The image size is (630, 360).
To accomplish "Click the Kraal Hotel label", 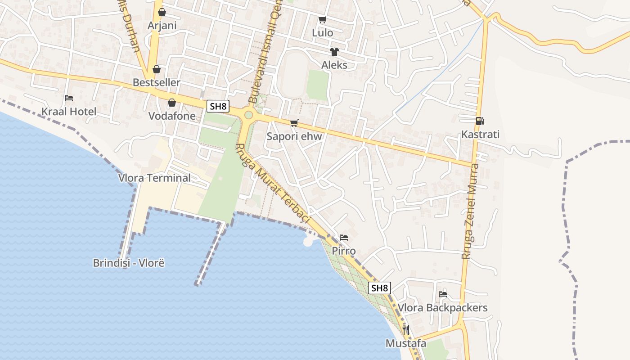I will tap(69, 112).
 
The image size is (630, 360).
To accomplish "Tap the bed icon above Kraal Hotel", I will tap(68, 98).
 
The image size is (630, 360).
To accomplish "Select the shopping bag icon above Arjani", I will tap(162, 12).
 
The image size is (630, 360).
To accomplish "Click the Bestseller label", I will tap(156, 82).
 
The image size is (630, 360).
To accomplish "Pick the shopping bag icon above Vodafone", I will tap(171, 103).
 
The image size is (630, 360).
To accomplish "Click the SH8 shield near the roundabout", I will tap(218, 107).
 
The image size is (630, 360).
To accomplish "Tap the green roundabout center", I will tap(248, 115).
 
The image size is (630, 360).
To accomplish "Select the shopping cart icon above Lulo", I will tap(322, 19).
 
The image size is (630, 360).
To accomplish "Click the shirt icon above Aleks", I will tap(334, 52).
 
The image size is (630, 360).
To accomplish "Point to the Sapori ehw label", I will tap(294, 136).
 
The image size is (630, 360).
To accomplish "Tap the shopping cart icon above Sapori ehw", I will tap(294, 123).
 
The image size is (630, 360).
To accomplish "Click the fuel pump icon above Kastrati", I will tap(480, 121).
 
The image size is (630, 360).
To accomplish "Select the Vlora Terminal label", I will tap(154, 178).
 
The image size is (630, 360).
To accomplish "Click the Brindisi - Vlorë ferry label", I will tap(129, 263).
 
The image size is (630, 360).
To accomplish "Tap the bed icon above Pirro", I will tap(344, 238).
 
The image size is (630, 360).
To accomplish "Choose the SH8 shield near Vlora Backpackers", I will tap(379, 288).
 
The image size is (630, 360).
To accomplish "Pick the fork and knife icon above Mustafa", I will tap(405, 330).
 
